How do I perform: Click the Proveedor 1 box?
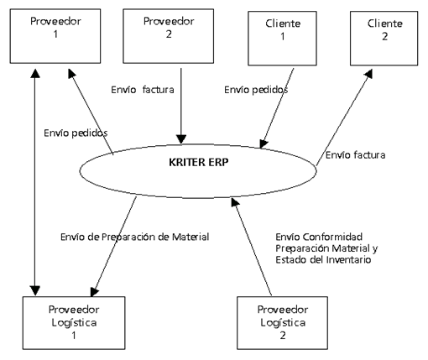point(55,36)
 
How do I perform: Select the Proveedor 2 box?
point(169,36)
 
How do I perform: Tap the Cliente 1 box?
point(282,39)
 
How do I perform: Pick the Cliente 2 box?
point(384,39)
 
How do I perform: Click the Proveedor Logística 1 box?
point(74,323)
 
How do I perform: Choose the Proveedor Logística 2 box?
point(282,323)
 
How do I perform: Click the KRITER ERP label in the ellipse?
point(199,162)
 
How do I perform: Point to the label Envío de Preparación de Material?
point(135,237)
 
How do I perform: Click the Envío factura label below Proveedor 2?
point(143,90)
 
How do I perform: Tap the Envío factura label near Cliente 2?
point(355,155)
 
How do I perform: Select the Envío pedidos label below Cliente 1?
point(256,90)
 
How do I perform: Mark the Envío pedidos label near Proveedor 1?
point(76,133)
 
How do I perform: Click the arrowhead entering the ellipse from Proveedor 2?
point(181,139)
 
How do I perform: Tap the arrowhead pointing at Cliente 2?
point(368,74)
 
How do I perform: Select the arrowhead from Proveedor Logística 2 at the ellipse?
point(236,202)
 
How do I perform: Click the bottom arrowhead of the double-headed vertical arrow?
point(35,291)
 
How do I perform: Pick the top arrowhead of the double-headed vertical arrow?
point(35,73)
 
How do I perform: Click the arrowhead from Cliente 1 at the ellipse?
point(263,143)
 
